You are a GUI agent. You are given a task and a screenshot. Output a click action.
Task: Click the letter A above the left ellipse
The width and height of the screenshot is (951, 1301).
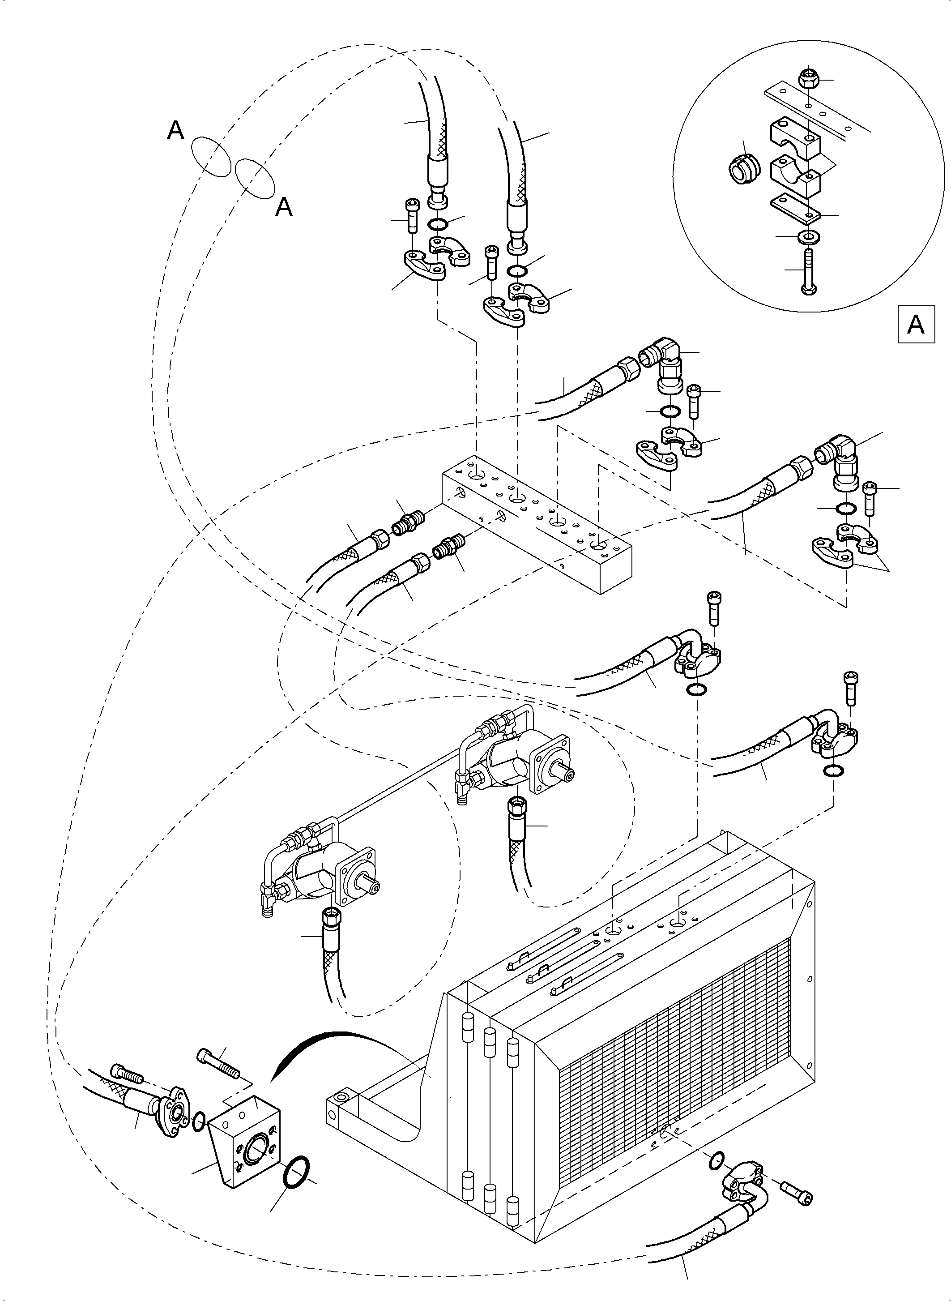coord(175,131)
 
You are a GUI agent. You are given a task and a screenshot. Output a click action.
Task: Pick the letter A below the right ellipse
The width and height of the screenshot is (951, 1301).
coord(284,207)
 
